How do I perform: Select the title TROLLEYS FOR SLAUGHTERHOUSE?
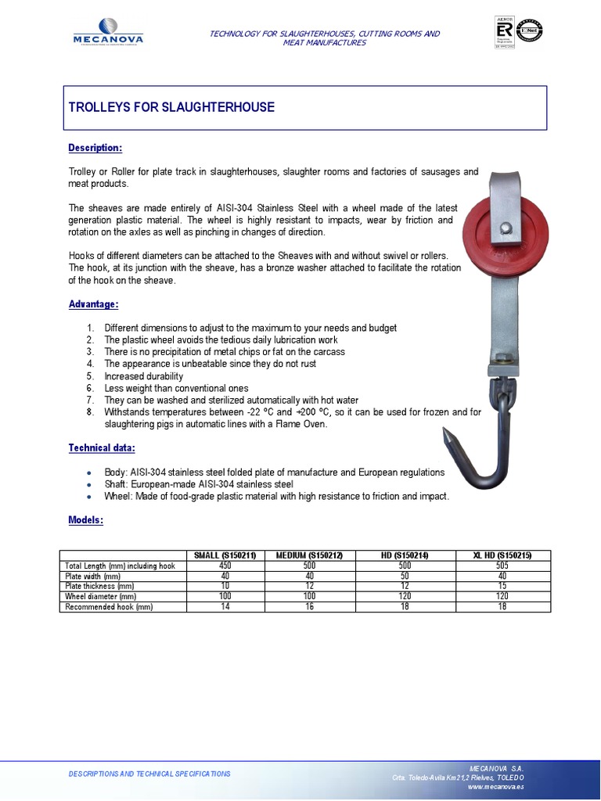[172, 107]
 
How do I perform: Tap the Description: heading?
[95, 148]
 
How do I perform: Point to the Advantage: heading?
[93, 304]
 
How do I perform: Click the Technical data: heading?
[102, 447]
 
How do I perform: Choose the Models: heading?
[86, 520]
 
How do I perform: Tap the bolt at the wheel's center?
[506, 228]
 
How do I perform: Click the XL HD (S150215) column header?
[502, 555]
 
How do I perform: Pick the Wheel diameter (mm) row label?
[102, 596]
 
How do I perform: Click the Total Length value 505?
[502, 566]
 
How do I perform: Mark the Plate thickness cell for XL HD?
[502, 586]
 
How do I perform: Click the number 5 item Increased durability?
[143, 376]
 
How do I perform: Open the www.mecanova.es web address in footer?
[495, 786]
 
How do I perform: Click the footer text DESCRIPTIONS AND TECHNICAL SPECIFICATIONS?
[149, 774]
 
